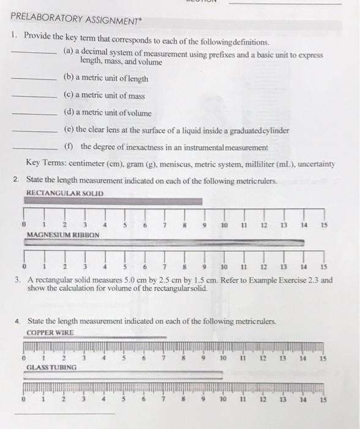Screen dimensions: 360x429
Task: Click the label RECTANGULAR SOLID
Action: click(x=65, y=194)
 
